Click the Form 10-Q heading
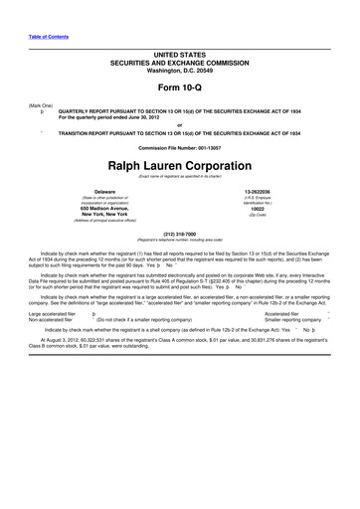pyautogui.click(x=179, y=90)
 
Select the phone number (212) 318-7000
pyautogui.click(x=179, y=236)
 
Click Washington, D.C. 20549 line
pyautogui.click(x=179, y=70)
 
